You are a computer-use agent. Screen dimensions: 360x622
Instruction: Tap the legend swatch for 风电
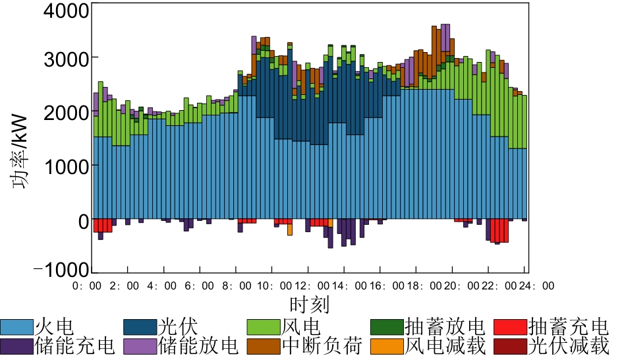click(x=264, y=326)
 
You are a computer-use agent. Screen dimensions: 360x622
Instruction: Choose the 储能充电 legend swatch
click(x=16, y=345)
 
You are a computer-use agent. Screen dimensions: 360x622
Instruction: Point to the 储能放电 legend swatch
click(x=140, y=345)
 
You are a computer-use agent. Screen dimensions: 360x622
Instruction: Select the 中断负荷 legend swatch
click(x=264, y=345)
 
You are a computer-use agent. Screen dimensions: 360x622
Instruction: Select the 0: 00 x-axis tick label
click(x=90, y=286)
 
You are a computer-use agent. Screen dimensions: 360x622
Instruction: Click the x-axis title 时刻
click(x=309, y=305)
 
